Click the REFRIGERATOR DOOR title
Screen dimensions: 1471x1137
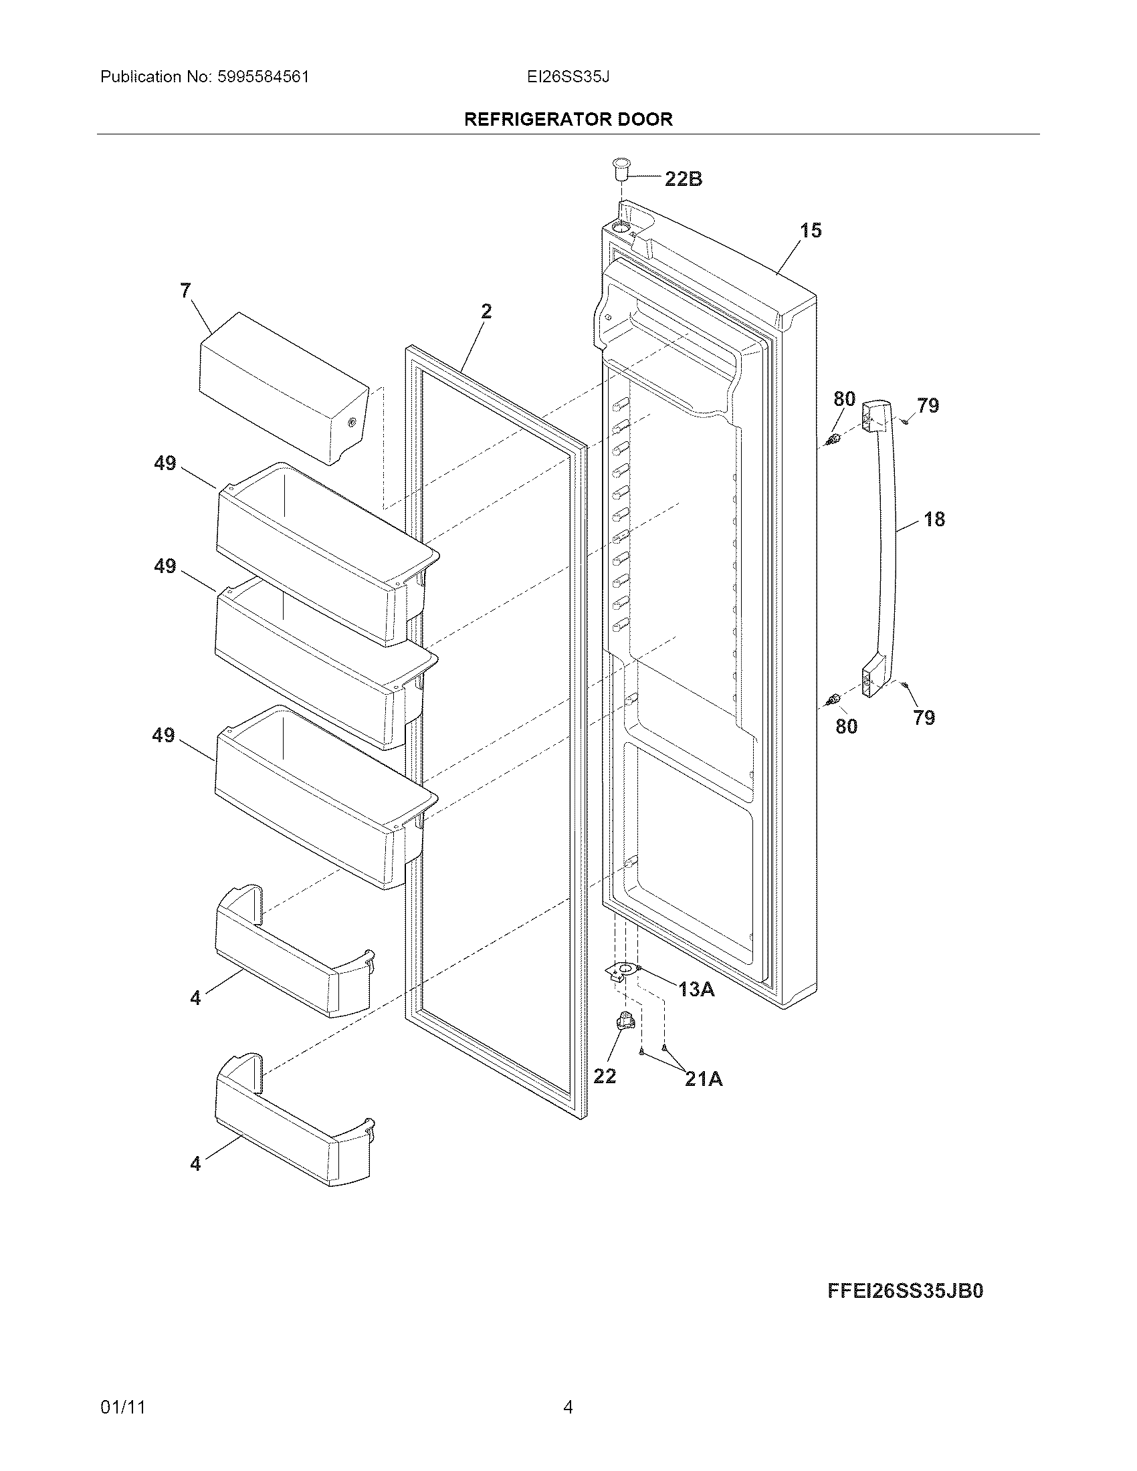(568, 120)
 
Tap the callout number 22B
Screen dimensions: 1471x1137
(683, 179)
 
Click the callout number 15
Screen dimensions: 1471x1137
(811, 231)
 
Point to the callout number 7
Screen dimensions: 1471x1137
(185, 291)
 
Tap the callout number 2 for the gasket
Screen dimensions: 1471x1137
(486, 311)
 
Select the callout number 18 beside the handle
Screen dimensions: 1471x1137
(934, 520)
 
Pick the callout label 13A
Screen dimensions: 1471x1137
(696, 989)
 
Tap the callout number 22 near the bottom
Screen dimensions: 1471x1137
(604, 1077)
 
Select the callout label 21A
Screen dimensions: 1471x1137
(703, 1079)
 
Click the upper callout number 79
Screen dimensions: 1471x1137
(928, 405)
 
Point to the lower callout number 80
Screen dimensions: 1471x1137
(846, 726)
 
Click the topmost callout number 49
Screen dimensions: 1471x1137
(165, 463)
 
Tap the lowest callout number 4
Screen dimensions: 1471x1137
(195, 1163)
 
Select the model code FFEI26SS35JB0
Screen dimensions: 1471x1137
(905, 1290)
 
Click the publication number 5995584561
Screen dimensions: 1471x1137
(262, 77)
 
